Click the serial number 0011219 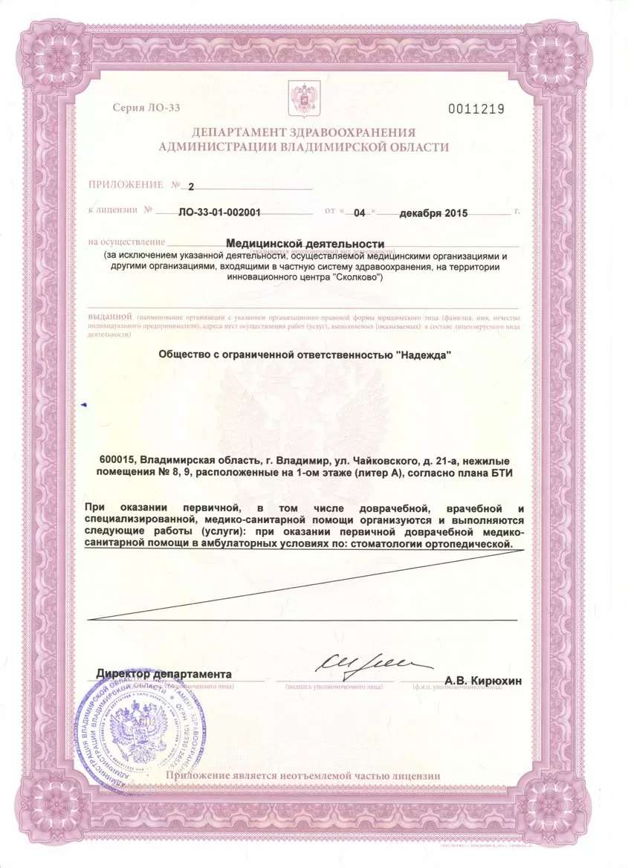[x=476, y=109]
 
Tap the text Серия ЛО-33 [x=146, y=108]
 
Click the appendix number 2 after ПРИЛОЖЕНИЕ [x=190, y=186]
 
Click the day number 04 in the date [x=360, y=212]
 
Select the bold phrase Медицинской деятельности [x=305, y=244]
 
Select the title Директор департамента [x=164, y=673]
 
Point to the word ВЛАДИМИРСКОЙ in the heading [x=328, y=147]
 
